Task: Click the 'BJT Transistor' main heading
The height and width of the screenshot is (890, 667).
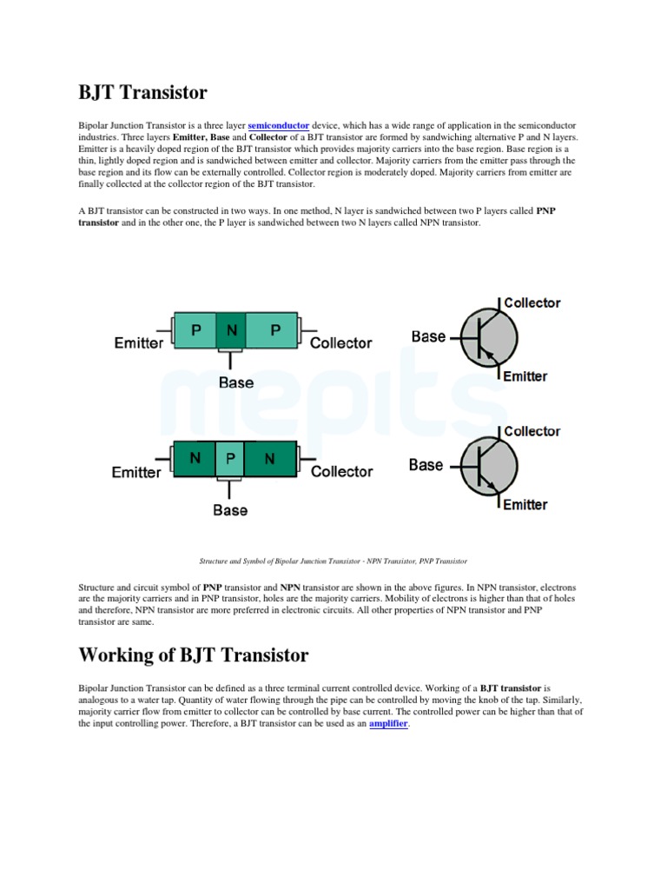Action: click(142, 91)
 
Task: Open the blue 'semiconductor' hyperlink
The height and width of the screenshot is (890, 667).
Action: click(278, 126)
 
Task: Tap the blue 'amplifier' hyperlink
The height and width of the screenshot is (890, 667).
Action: click(388, 723)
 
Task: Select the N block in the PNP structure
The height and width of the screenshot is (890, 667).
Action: click(231, 330)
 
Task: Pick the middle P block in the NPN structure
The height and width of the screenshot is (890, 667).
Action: click(230, 458)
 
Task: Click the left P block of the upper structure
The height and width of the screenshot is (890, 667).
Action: click(195, 330)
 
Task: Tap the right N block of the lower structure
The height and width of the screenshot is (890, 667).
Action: click(269, 458)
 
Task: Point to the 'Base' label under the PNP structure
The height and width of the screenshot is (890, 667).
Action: click(235, 382)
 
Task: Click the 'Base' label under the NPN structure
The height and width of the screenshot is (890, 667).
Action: click(230, 510)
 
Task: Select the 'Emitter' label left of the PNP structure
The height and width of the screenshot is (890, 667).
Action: click(138, 343)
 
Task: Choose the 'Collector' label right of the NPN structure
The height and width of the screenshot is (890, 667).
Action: click(341, 472)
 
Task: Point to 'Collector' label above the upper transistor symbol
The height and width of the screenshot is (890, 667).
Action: click(532, 303)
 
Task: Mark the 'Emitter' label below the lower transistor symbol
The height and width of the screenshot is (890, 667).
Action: click(525, 505)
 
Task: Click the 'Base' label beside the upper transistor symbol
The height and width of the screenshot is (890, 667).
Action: click(428, 336)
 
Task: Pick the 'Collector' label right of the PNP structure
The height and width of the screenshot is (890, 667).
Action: click(340, 343)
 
